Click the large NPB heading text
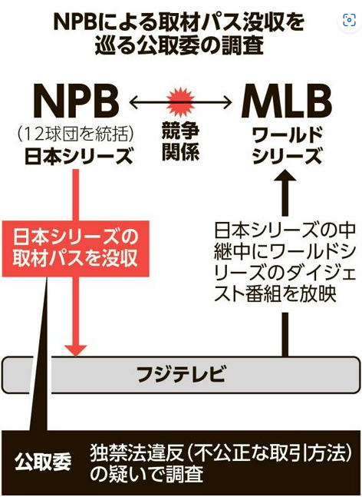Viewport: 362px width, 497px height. pos(76,101)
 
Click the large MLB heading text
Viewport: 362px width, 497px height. pos(286,101)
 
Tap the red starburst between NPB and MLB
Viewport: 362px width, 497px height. pos(180,102)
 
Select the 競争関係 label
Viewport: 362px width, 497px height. pos(180,141)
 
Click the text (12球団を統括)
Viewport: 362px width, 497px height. pos(76,134)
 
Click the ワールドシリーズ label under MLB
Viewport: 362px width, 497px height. pos(287,146)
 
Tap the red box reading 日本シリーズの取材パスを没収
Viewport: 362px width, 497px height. pos(75,248)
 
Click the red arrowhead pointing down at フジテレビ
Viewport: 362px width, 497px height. pos(76,350)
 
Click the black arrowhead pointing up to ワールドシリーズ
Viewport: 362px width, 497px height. pos(285,175)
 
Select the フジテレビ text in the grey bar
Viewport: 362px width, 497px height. pos(181,374)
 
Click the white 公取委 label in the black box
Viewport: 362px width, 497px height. pos(43,462)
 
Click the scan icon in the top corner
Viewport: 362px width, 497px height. pos(349,20)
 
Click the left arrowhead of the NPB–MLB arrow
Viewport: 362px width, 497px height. pos(133,102)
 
